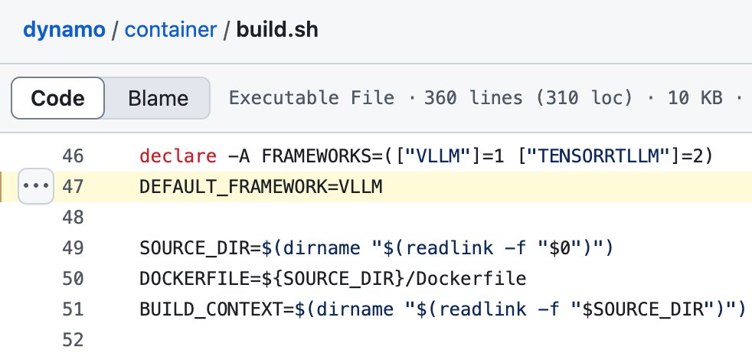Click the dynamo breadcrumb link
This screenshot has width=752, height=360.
pos(64,30)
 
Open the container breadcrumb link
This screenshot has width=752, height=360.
pos(171,30)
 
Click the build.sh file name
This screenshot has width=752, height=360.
pos(277,30)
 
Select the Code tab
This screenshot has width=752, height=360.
pos(57,98)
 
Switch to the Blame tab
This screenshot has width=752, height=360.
pos(158,98)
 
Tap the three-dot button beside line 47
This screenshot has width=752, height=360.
pos(36,186)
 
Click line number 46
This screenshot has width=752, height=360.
pos(73,156)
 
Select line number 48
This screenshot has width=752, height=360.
pos(73,217)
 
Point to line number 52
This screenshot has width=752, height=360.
pos(73,340)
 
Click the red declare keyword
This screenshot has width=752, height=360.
pos(178,156)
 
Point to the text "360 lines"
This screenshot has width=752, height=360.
pos(473,98)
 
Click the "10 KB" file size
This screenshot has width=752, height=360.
pos(695,98)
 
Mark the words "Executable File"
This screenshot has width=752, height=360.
pos(312,98)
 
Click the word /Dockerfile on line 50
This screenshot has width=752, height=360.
pos(466,278)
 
